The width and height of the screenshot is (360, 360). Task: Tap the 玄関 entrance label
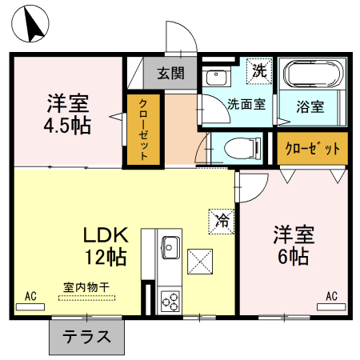(170, 74)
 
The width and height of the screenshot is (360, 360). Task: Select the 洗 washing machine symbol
(258, 70)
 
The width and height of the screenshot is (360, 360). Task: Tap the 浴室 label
(310, 105)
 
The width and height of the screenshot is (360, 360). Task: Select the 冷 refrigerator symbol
(221, 221)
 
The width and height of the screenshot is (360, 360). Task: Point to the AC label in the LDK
(30, 297)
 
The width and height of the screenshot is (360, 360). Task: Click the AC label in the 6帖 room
(331, 297)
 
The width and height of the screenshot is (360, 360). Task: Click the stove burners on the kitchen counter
(170, 302)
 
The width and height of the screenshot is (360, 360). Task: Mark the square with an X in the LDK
(200, 261)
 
